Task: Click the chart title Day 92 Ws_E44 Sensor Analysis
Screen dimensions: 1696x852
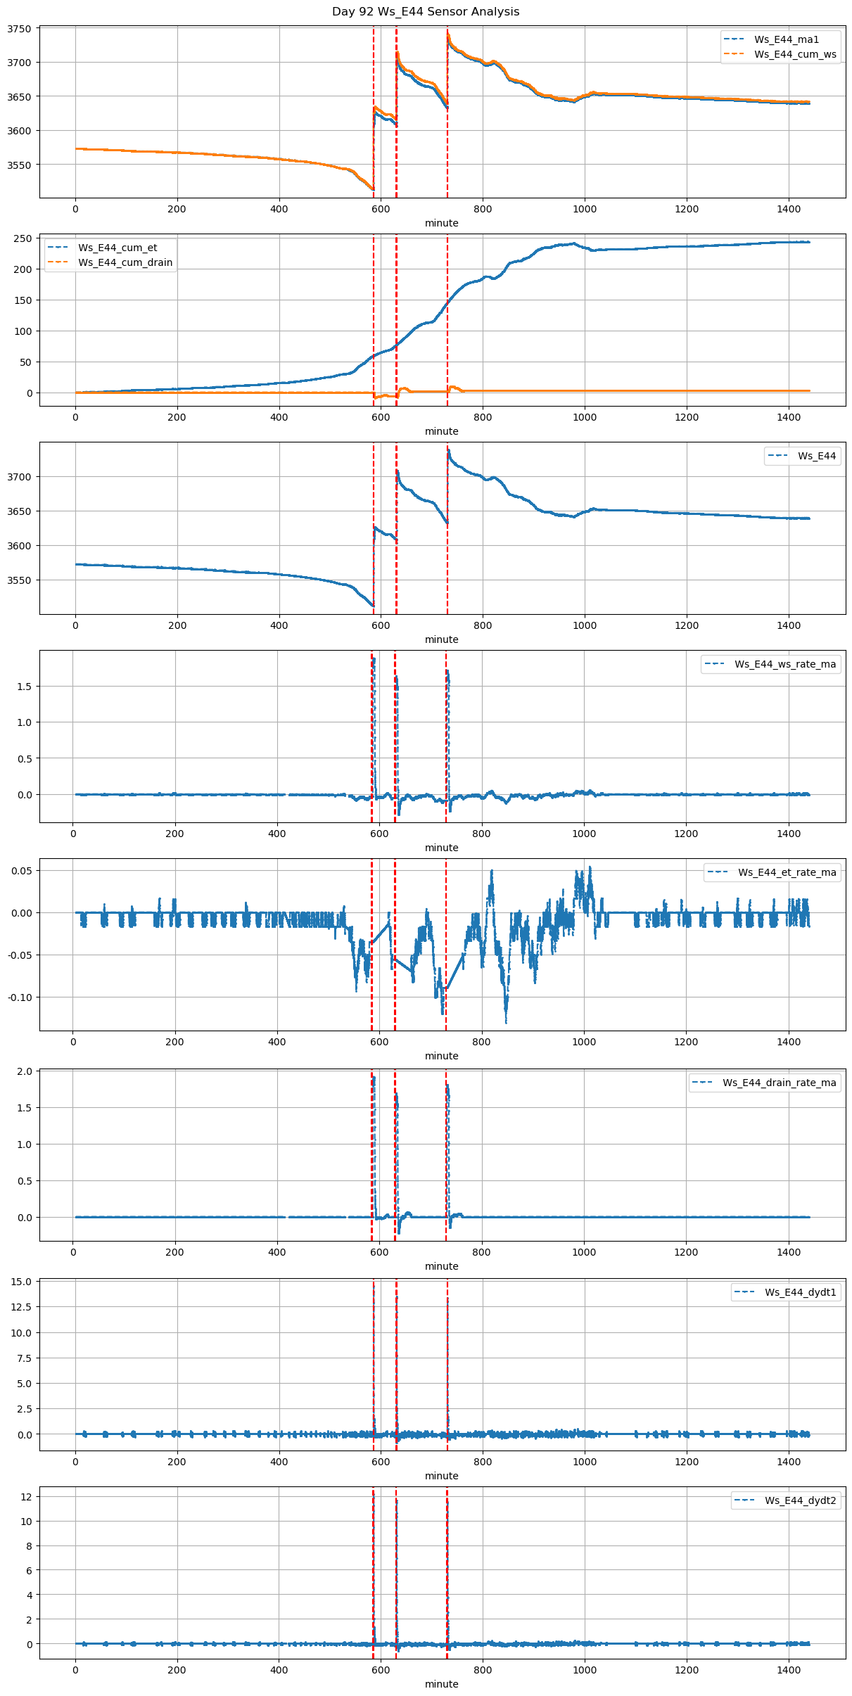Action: [426, 12]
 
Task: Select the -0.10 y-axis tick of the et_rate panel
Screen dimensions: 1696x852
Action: [20, 997]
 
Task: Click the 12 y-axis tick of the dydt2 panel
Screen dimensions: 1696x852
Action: [26, 1496]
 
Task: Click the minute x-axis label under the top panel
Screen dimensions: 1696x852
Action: [441, 223]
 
